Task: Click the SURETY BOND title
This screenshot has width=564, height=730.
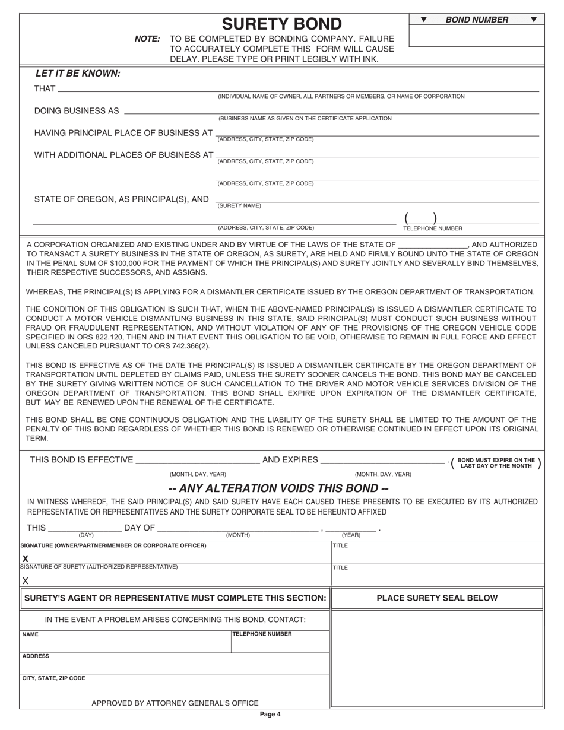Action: (281, 24)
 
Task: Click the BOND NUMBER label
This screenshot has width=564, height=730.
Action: (477, 20)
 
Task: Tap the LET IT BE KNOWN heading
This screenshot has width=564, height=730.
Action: (78, 74)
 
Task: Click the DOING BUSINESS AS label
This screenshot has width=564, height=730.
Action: (77, 111)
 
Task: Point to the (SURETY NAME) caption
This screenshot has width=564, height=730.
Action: (239, 206)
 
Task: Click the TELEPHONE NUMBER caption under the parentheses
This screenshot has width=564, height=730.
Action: (433, 228)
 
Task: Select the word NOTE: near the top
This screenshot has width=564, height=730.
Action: (147, 39)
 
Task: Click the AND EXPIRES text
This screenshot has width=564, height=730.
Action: (290, 460)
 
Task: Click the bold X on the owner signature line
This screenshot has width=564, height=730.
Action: (25, 558)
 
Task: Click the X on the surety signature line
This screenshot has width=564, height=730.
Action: (25, 581)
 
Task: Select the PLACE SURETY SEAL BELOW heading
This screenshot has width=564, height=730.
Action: (437, 598)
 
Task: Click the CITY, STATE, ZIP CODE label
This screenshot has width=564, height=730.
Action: (53, 678)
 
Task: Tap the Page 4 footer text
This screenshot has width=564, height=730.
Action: (270, 715)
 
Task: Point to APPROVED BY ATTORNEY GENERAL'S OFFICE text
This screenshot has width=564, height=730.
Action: (175, 703)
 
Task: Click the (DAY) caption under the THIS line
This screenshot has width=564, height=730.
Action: (86, 535)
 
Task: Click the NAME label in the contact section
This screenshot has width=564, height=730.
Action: (30, 634)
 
